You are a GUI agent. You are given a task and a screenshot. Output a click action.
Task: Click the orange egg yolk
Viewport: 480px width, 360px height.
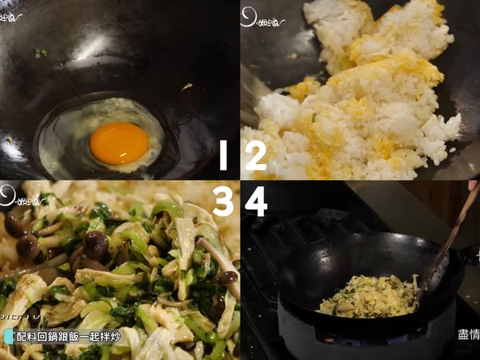118,143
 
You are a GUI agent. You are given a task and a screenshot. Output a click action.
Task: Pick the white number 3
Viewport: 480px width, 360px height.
223,202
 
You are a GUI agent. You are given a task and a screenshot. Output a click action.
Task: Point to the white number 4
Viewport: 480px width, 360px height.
256,202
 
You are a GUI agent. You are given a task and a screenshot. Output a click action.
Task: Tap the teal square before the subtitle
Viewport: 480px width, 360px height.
8,337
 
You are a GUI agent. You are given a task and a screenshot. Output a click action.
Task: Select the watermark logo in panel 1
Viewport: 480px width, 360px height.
11,16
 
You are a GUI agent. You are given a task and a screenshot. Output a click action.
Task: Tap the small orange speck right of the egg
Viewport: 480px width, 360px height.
186,86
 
